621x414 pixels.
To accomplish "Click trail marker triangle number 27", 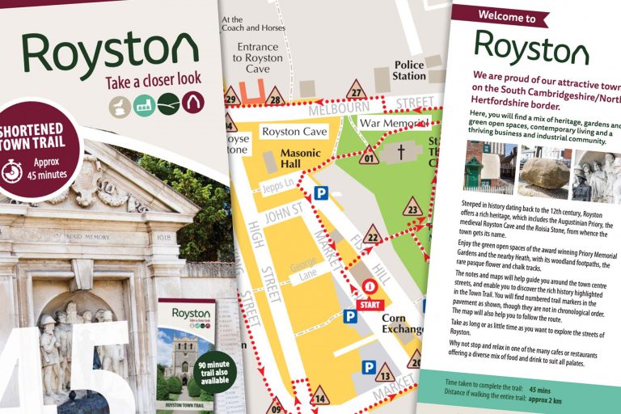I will pyautogui.click(x=356, y=90).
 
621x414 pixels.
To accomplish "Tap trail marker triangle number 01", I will pyautogui.click(x=370, y=156).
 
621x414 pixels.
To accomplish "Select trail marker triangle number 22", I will pyautogui.click(x=373, y=235).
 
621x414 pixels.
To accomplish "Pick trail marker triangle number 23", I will pyautogui.click(x=413, y=207).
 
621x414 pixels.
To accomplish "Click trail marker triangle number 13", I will pyautogui.click(x=385, y=374).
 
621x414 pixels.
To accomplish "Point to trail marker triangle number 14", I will pyautogui.click(x=320, y=396).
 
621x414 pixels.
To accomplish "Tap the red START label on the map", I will pyautogui.click(x=369, y=304).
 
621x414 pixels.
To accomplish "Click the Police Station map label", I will pyautogui.click(x=409, y=70).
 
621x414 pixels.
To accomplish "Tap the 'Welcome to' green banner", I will pyautogui.click(x=506, y=16).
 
